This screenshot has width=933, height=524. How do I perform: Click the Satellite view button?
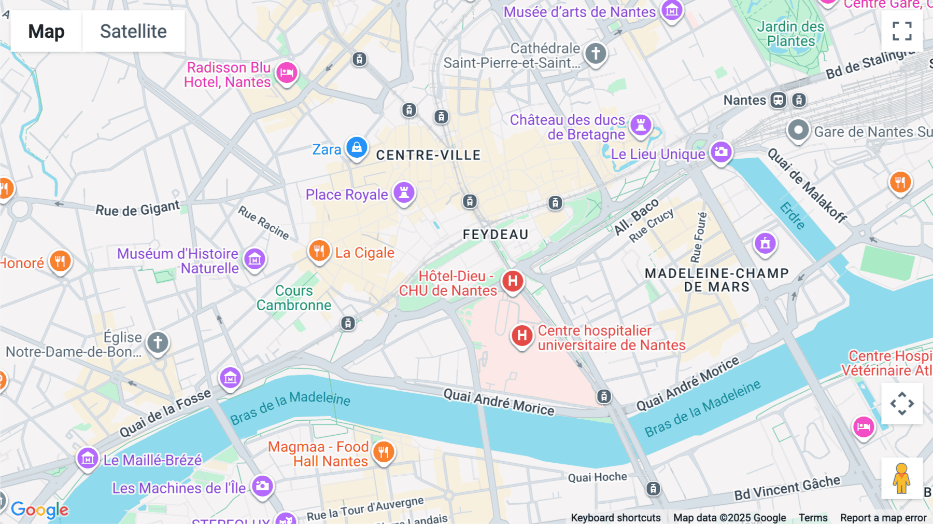(133, 31)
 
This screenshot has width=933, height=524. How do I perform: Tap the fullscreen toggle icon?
(902, 31)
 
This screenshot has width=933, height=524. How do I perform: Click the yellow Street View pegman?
(901, 478)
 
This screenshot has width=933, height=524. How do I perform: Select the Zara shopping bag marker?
(357, 148)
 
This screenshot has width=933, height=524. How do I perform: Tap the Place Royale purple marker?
(404, 192)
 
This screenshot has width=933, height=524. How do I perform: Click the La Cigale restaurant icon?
(319, 251)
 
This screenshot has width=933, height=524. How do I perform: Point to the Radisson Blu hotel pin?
(287, 73)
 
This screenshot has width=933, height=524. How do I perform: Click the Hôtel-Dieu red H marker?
(513, 281)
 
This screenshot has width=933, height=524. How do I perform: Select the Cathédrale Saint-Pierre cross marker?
(596, 53)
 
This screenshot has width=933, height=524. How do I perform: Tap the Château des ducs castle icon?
(641, 125)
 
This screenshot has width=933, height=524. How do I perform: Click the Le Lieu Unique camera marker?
(721, 152)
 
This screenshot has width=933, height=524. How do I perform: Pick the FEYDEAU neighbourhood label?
(496, 235)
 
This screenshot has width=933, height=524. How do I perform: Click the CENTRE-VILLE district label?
(428, 155)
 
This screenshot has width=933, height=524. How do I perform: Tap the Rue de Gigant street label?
(137, 209)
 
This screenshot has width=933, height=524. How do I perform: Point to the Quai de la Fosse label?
(165, 413)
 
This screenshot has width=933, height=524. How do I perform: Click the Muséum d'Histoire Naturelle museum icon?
(255, 259)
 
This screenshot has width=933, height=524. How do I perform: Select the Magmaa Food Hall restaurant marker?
(384, 452)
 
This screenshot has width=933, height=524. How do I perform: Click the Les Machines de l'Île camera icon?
(262, 486)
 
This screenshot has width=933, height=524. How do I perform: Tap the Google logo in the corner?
(39, 510)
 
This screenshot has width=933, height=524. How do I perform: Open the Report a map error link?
(883, 518)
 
